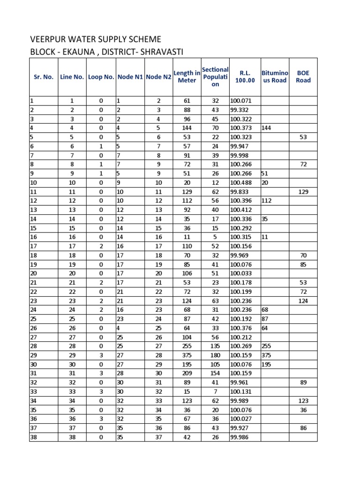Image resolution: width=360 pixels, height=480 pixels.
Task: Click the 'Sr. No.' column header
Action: point(44,77)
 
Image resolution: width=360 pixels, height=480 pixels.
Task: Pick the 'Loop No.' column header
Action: point(101,77)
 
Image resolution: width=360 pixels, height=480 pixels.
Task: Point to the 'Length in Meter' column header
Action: point(187,76)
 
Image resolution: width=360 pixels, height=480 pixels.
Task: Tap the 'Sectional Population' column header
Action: point(215,77)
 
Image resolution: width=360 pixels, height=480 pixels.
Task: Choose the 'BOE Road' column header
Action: point(303,77)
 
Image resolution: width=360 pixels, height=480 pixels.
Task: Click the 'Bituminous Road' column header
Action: point(275,77)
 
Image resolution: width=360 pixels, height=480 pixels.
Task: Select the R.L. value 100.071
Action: point(241,101)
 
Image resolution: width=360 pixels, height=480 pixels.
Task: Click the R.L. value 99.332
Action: point(239,110)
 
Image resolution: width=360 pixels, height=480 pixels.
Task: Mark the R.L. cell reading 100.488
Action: point(241,182)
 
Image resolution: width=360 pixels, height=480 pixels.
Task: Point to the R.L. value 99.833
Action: point(239,192)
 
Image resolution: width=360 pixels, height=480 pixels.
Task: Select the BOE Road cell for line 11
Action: point(303,192)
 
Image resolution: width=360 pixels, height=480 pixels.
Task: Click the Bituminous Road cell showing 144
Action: point(267,128)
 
